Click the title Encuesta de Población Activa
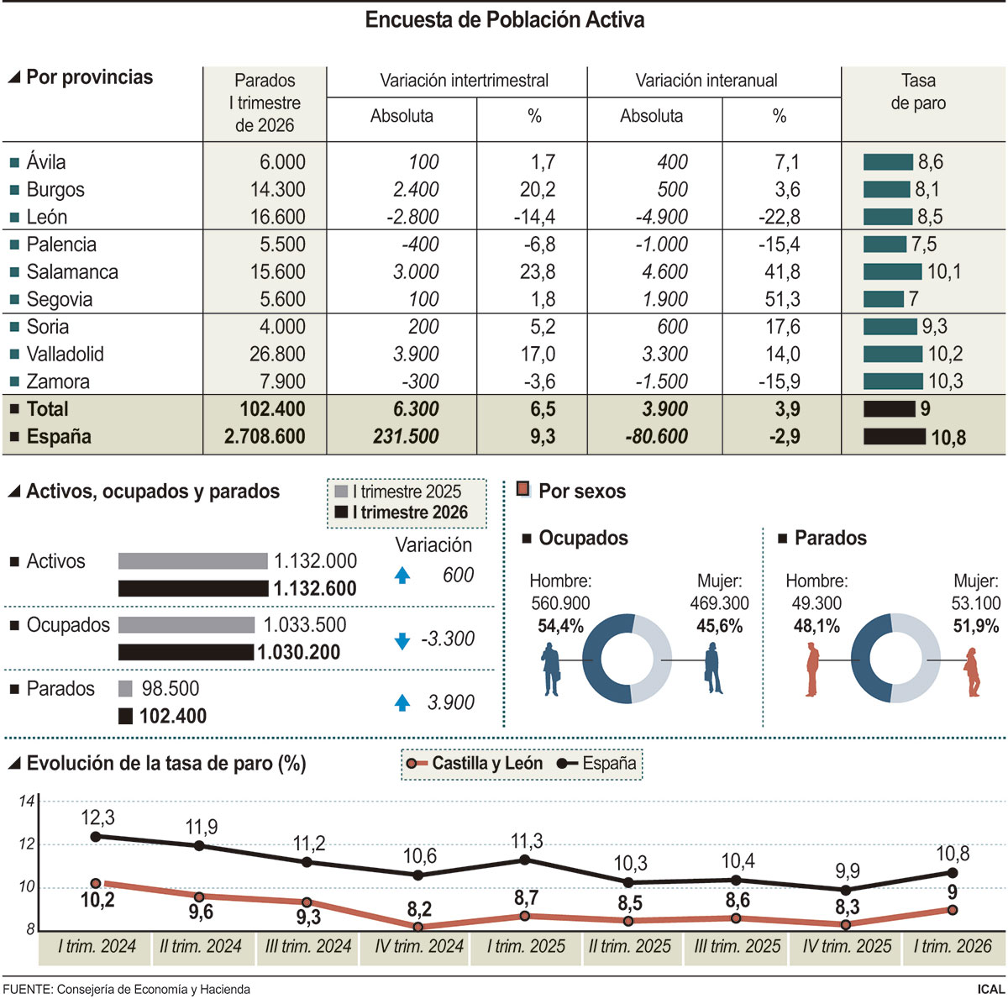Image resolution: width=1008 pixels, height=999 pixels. (504, 20)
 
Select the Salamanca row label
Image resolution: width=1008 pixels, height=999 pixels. (72, 272)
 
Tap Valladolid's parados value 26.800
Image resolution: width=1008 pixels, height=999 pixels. (277, 355)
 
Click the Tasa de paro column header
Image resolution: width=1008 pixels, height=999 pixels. (918, 92)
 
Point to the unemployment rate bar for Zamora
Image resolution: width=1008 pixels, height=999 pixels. (893, 381)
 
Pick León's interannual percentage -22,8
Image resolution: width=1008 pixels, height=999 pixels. (779, 217)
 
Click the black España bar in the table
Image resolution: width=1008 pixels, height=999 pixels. (894, 437)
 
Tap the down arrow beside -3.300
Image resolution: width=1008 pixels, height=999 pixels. (402, 640)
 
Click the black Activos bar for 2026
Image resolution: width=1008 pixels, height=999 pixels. (193, 588)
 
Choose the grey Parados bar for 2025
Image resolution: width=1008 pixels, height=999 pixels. (125, 689)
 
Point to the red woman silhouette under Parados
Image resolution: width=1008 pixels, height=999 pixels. (973, 672)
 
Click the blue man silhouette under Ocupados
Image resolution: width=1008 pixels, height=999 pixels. (551, 670)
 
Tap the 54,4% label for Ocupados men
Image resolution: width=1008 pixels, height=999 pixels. (560, 626)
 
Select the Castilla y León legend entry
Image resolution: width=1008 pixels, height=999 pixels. (476, 764)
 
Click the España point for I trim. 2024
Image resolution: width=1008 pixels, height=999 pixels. (96, 836)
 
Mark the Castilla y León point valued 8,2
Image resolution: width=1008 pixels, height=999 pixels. (418, 927)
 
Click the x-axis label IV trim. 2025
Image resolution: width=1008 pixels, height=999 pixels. (847, 947)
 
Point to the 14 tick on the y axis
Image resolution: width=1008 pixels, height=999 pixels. (27, 802)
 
